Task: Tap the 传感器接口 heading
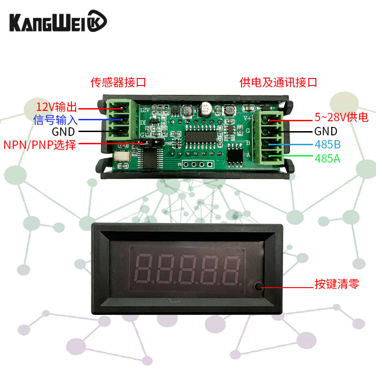[118, 83]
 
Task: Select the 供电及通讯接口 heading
[278, 83]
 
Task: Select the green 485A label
[328, 159]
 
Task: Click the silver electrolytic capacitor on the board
[205, 109]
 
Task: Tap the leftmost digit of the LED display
[143, 268]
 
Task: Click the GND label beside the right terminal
[326, 131]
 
